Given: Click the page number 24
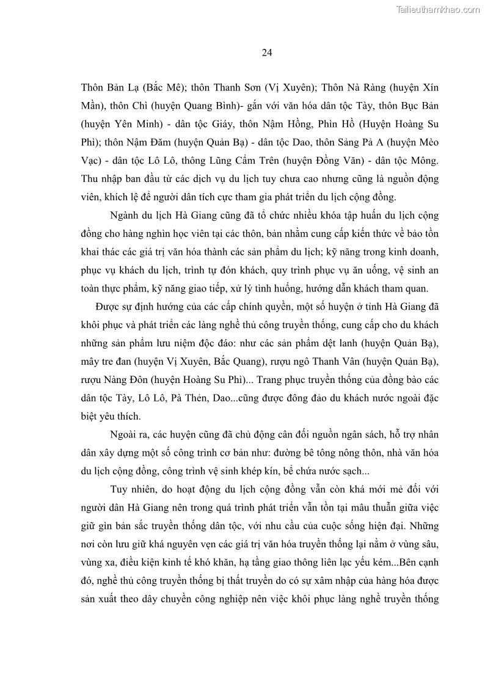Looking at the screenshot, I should point(266,53).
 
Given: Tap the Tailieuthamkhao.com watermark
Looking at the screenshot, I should point(438,9).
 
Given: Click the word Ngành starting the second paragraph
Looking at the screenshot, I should point(126,216).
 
